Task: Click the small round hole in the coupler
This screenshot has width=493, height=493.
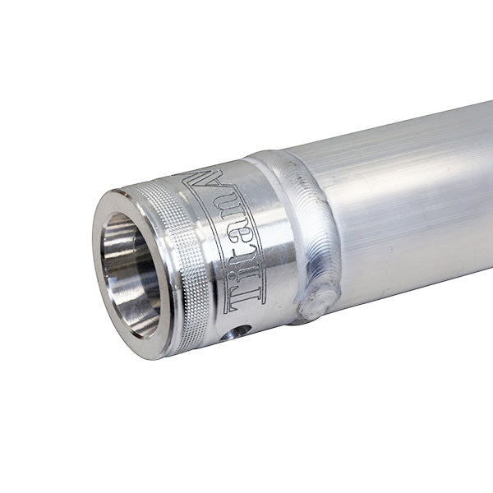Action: point(240,331)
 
